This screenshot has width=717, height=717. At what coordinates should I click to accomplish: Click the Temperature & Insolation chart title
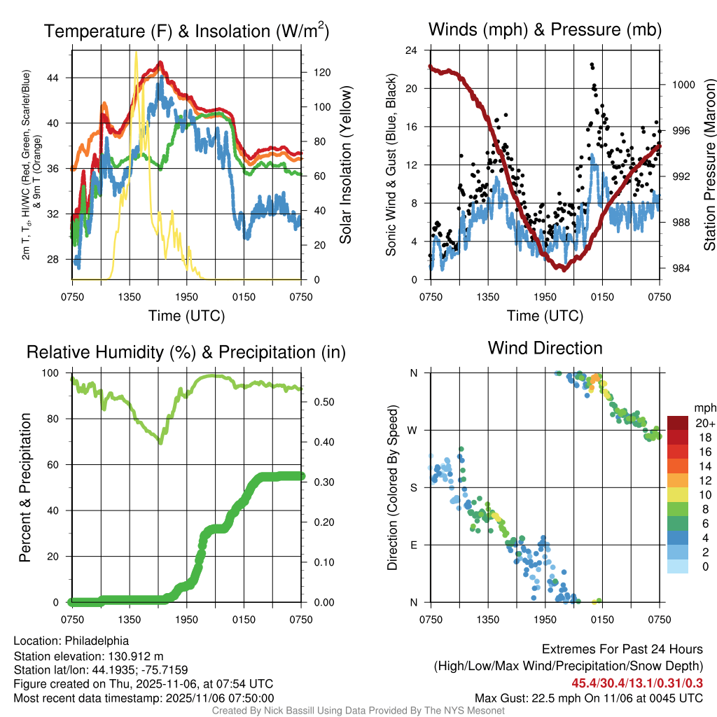pyautogui.click(x=186, y=32)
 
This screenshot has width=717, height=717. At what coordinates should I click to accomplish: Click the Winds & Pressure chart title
pyautogui.click(x=544, y=29)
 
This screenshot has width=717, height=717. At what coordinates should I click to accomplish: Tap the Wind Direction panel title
pyautogui.click(x=545, y=348)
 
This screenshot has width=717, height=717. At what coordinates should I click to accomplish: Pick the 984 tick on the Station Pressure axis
pyautogui.click(x=678, y=268)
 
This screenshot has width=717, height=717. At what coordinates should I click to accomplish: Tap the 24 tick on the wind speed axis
pyautogui.click(x=412, y=50)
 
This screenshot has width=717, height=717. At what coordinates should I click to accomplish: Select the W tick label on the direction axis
pyautogui.click(x=413, y=430)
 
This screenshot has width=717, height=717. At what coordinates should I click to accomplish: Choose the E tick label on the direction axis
pyautogui.click(x=414, y=545)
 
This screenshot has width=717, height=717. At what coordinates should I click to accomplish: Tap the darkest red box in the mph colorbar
pyautogui.click(x=678, y=422)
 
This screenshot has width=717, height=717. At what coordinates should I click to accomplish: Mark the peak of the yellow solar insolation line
pyautogui.click(x=136, y=52)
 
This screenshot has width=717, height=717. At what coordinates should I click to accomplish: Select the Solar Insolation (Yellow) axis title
pyautogui.click(x=345, y=165)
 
